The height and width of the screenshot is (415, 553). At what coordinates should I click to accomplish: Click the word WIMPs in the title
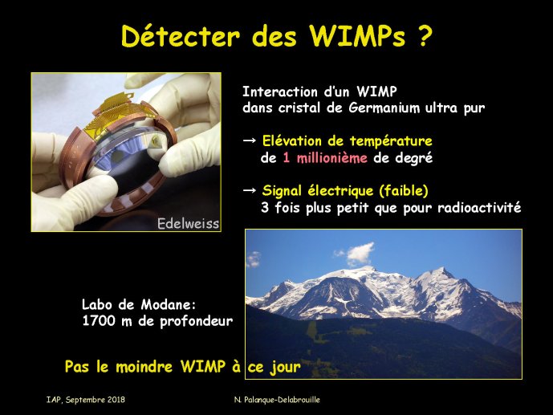[358, 35]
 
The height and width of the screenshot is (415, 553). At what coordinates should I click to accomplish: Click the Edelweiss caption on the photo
[188, 223]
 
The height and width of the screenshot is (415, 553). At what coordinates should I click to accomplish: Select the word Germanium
[384, 108]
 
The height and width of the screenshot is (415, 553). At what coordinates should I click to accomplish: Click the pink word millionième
[331, 157]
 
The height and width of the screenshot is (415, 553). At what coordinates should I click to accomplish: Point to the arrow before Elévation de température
[250, 140]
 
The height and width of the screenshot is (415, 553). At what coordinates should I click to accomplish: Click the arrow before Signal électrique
[250, 190]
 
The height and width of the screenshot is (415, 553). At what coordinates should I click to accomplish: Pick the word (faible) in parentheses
[404, 191]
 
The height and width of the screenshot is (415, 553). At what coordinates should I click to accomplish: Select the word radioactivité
[479, 207]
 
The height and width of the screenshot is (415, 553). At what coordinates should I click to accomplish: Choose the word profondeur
[196, 322]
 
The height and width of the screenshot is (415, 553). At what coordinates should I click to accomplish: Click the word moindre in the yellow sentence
[144, 367]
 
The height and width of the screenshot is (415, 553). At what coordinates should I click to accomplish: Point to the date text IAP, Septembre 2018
[86, 400]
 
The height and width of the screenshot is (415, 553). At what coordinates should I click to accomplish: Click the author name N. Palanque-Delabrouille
[277, 400]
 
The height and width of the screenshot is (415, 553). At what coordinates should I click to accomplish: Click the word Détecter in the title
[181, 35]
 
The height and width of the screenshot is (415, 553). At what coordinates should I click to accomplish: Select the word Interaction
[280, 92]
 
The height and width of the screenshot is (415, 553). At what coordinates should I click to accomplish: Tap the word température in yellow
[391, 141]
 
